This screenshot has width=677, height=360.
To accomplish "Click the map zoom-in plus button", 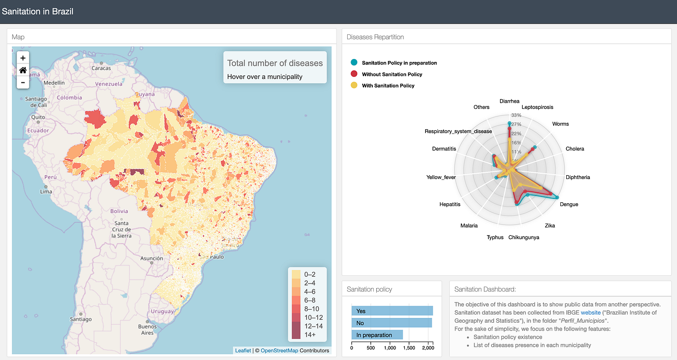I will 23,58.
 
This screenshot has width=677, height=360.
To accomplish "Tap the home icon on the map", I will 23,70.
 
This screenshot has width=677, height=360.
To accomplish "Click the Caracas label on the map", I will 101,68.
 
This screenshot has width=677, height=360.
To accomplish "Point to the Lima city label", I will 46,192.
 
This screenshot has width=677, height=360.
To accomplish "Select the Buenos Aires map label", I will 147,330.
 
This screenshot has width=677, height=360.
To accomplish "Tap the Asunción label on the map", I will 151,258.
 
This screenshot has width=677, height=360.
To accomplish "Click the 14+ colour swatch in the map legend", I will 295,335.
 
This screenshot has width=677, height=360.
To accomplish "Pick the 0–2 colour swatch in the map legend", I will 295,274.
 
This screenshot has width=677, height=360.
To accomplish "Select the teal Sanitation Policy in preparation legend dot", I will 354,63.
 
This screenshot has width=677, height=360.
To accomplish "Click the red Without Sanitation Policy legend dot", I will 354,74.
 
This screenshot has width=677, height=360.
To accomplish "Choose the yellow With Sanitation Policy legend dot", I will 354,86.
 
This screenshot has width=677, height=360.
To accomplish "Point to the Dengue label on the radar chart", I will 569,204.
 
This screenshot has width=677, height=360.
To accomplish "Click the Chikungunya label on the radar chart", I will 524,237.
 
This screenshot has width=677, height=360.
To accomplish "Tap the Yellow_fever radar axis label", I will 441,177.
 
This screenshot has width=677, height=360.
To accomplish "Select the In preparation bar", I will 377,335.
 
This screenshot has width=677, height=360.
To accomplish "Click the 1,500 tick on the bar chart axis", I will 409,347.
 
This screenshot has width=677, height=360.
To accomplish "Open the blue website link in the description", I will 590,313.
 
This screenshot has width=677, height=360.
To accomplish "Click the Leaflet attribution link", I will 243,351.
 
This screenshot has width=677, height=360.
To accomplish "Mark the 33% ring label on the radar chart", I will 516,115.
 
